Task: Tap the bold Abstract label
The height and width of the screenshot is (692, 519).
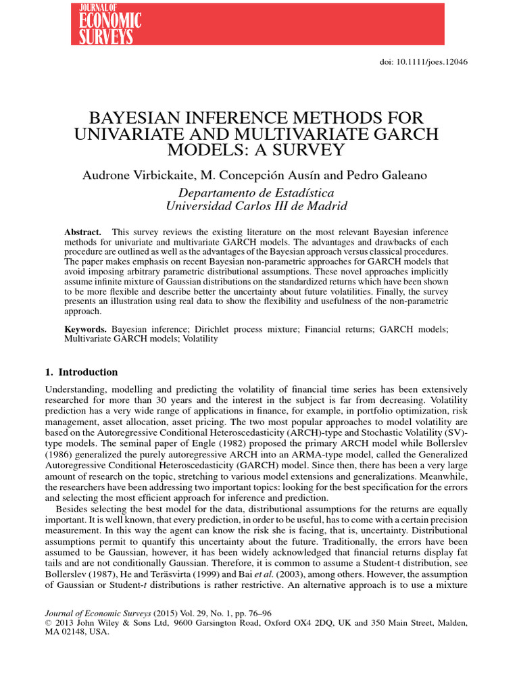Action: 82,232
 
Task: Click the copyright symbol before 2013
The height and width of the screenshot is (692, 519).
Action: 48,622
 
